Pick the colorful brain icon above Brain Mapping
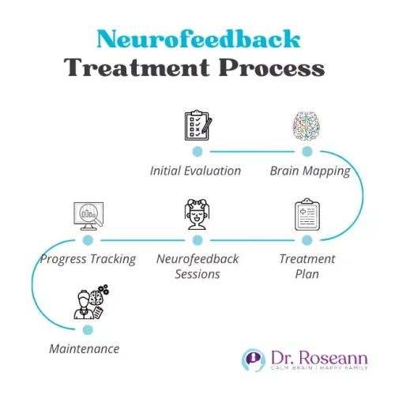[307, 124]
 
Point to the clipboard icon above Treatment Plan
[307, 215]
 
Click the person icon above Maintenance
[89, 305]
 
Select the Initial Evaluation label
[196, 170]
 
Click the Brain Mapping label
[310, 170]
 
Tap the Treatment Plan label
[307, 266]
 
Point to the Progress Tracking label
[88, 258]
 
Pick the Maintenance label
[84, 348]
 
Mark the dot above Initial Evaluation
[197, 150]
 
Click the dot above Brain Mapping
[307, 150]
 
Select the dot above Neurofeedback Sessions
[197, 239]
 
